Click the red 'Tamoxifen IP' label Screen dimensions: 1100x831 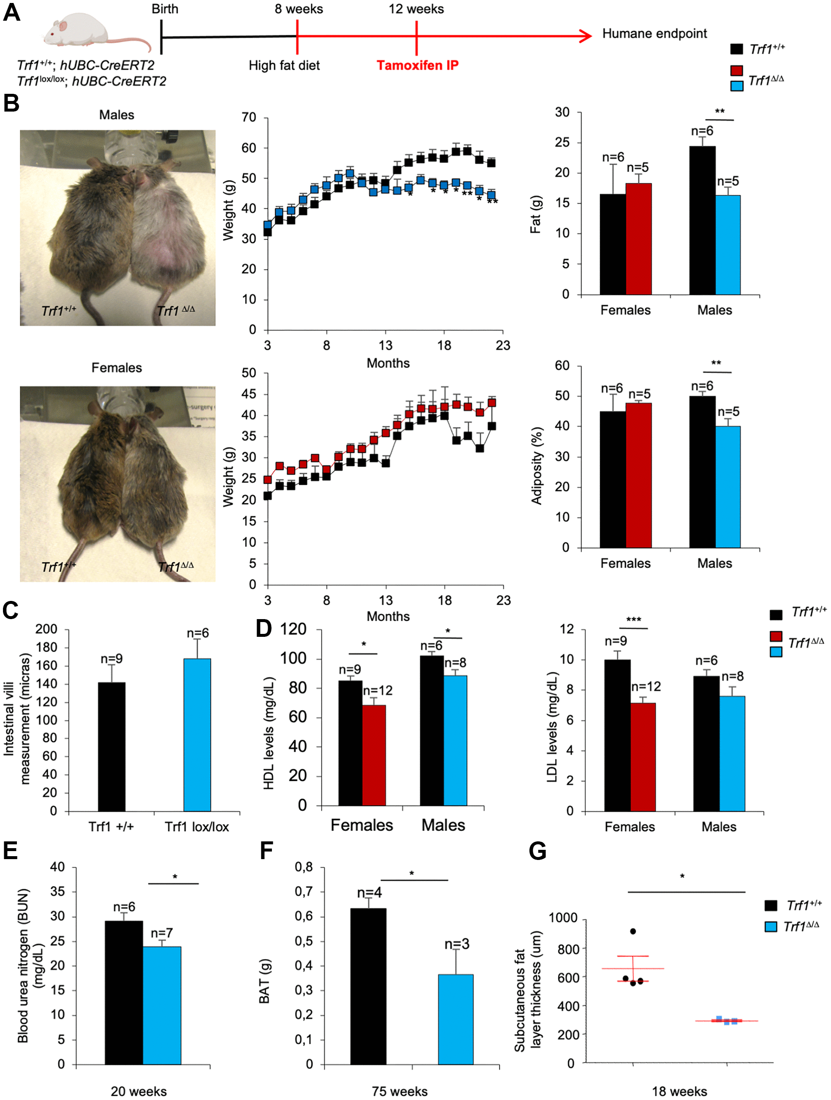[x=417, y=65]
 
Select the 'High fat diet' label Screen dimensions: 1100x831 [x=284, y=65]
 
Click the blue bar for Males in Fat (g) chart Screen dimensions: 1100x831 [x=727, y=245]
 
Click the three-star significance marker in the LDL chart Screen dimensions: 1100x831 [x=634, y=620]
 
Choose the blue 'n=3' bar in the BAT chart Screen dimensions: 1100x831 [x=455, y=1019]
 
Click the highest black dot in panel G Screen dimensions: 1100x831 [x=633, y=931]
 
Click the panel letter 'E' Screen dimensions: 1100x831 [x=11, y=850]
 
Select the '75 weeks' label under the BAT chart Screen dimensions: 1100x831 [x=400, y=1091]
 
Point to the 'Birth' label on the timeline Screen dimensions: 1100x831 [x=165, y=9]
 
